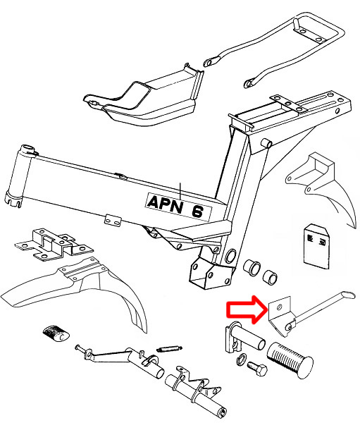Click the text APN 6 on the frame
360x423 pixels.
(x=178, y=207)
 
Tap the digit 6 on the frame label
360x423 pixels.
(x=198, y=211)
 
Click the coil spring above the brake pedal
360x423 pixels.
(x=169, y=349)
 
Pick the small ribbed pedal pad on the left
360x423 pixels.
(x=56, y=333)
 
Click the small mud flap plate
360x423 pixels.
(x=316, y=247)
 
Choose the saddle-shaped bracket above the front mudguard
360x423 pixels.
(x=54, y=245)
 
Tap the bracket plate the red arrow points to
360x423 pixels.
(x=280, y=316)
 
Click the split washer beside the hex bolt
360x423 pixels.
(x=242, y=359)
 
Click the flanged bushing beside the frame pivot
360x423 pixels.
(x=252, y=268)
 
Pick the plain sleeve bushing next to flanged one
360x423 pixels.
(x=270, y=276)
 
